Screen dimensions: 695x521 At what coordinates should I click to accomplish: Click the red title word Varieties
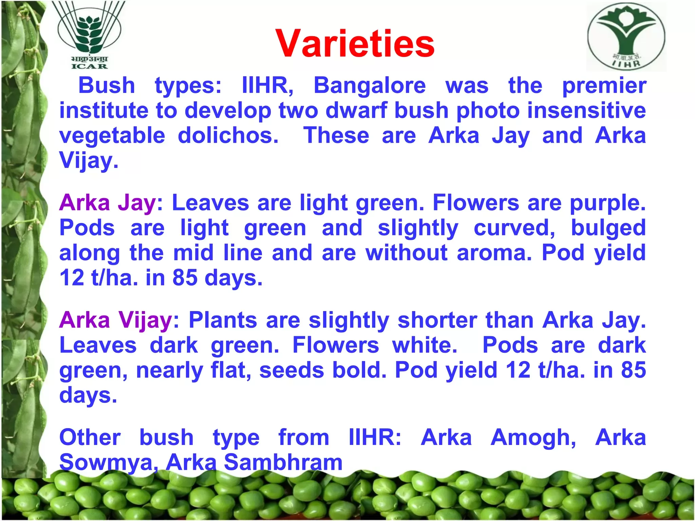[x=355, y=43]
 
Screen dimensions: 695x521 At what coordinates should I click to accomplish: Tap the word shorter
[x=437, y=320]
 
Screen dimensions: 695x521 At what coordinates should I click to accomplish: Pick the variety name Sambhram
[x=283, y=462]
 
